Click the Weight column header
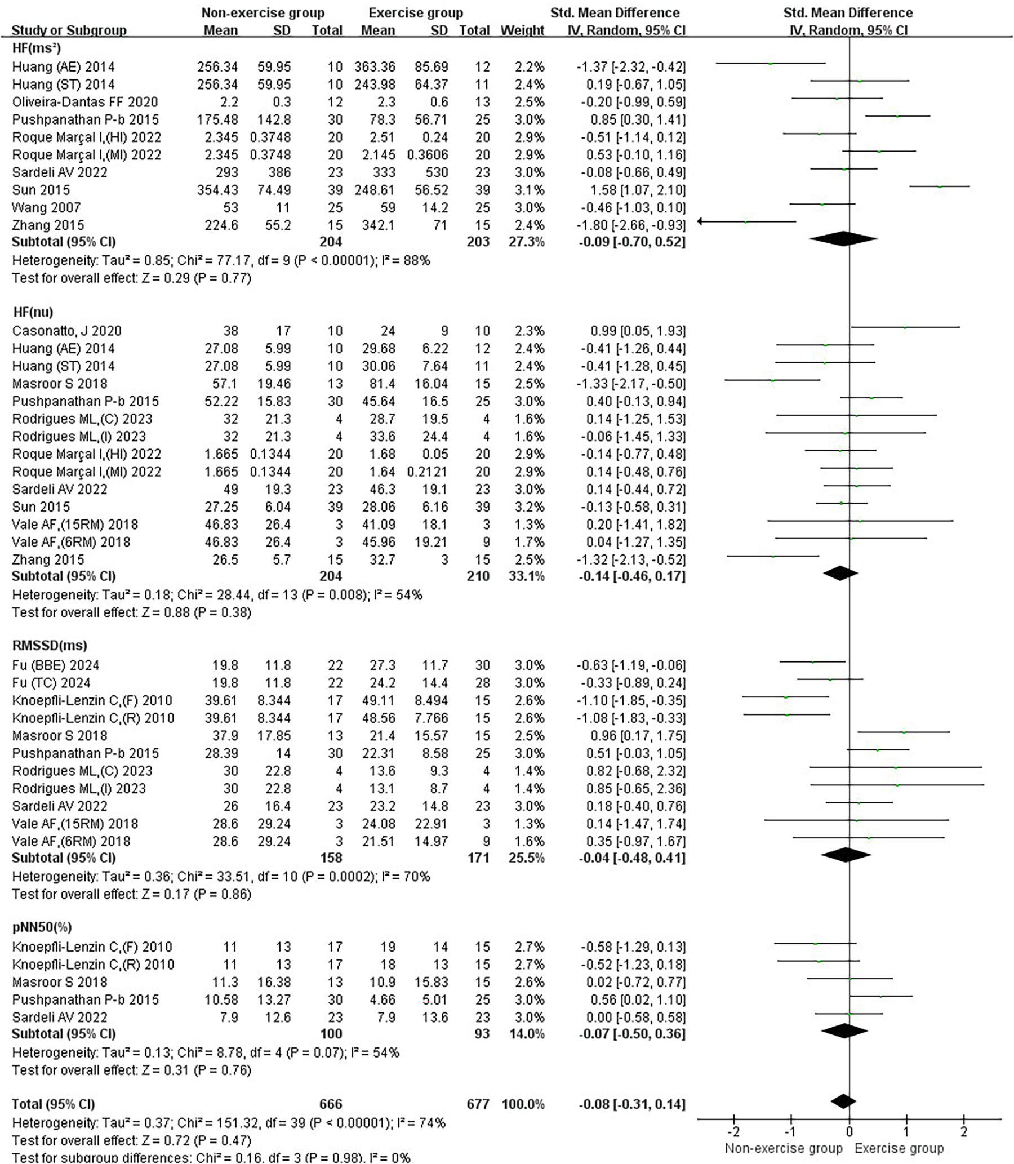(x=522, y=30)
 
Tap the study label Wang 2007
(x=46, y=208)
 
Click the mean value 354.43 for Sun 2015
(x=217, y=190)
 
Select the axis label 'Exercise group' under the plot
(x=899, y=1148)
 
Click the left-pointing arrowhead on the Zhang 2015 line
(x=702, y=221)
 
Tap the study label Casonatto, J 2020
(x=67, y=331)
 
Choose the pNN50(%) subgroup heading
(x=42, y=927)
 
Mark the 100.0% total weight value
(x=523, y=1104)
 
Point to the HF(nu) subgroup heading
(x=32, y=312)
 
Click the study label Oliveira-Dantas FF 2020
(x=85, y=102)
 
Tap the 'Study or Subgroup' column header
(x=69, y=30)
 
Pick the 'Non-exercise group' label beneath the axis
(x=783, y=1148)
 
